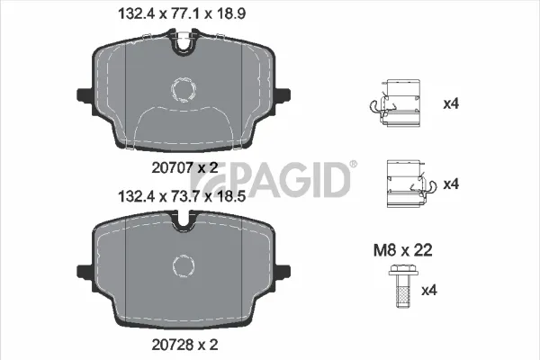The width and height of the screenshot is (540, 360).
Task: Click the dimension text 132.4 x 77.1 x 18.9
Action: point(182,14)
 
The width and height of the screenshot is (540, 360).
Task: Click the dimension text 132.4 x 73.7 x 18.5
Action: point(182,197)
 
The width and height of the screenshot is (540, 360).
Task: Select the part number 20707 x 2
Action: point(184,167)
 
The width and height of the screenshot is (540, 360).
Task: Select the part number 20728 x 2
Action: point(184,345)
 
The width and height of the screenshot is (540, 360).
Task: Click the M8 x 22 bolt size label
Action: point(402,250)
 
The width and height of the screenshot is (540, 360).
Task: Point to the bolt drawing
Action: point(403,286)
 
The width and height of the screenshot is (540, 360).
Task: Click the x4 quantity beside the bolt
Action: point(429,291)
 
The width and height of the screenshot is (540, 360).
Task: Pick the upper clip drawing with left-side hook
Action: point(395,103)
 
